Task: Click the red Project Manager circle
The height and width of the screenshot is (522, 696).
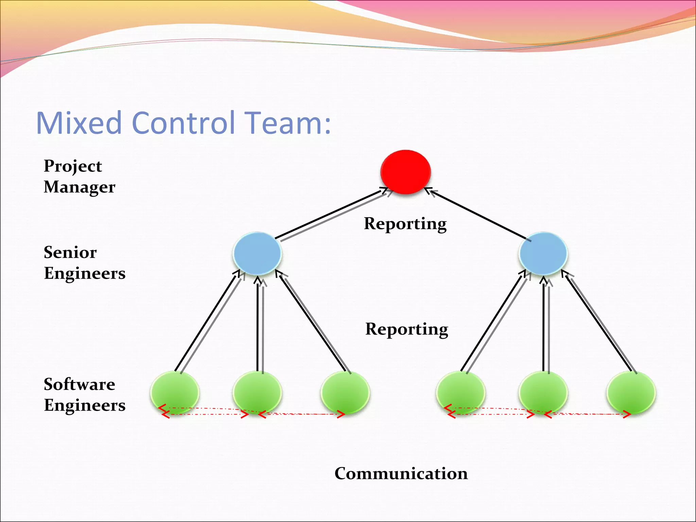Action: point(405,172)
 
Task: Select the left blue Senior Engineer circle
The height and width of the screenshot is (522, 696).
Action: point(257,253)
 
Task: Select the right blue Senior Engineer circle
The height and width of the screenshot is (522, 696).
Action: point(543,253)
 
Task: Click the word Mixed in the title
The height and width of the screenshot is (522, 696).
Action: point(79,123)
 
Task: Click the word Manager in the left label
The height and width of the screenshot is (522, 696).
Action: point(80,187)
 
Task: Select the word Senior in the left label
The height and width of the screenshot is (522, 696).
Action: point(70,253)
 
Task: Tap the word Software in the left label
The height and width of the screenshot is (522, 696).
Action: point(80,384)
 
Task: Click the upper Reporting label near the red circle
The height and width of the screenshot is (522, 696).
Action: point(405,224)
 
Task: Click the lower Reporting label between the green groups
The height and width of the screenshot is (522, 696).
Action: point(406,329)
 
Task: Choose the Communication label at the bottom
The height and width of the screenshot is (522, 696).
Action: point(401,473)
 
